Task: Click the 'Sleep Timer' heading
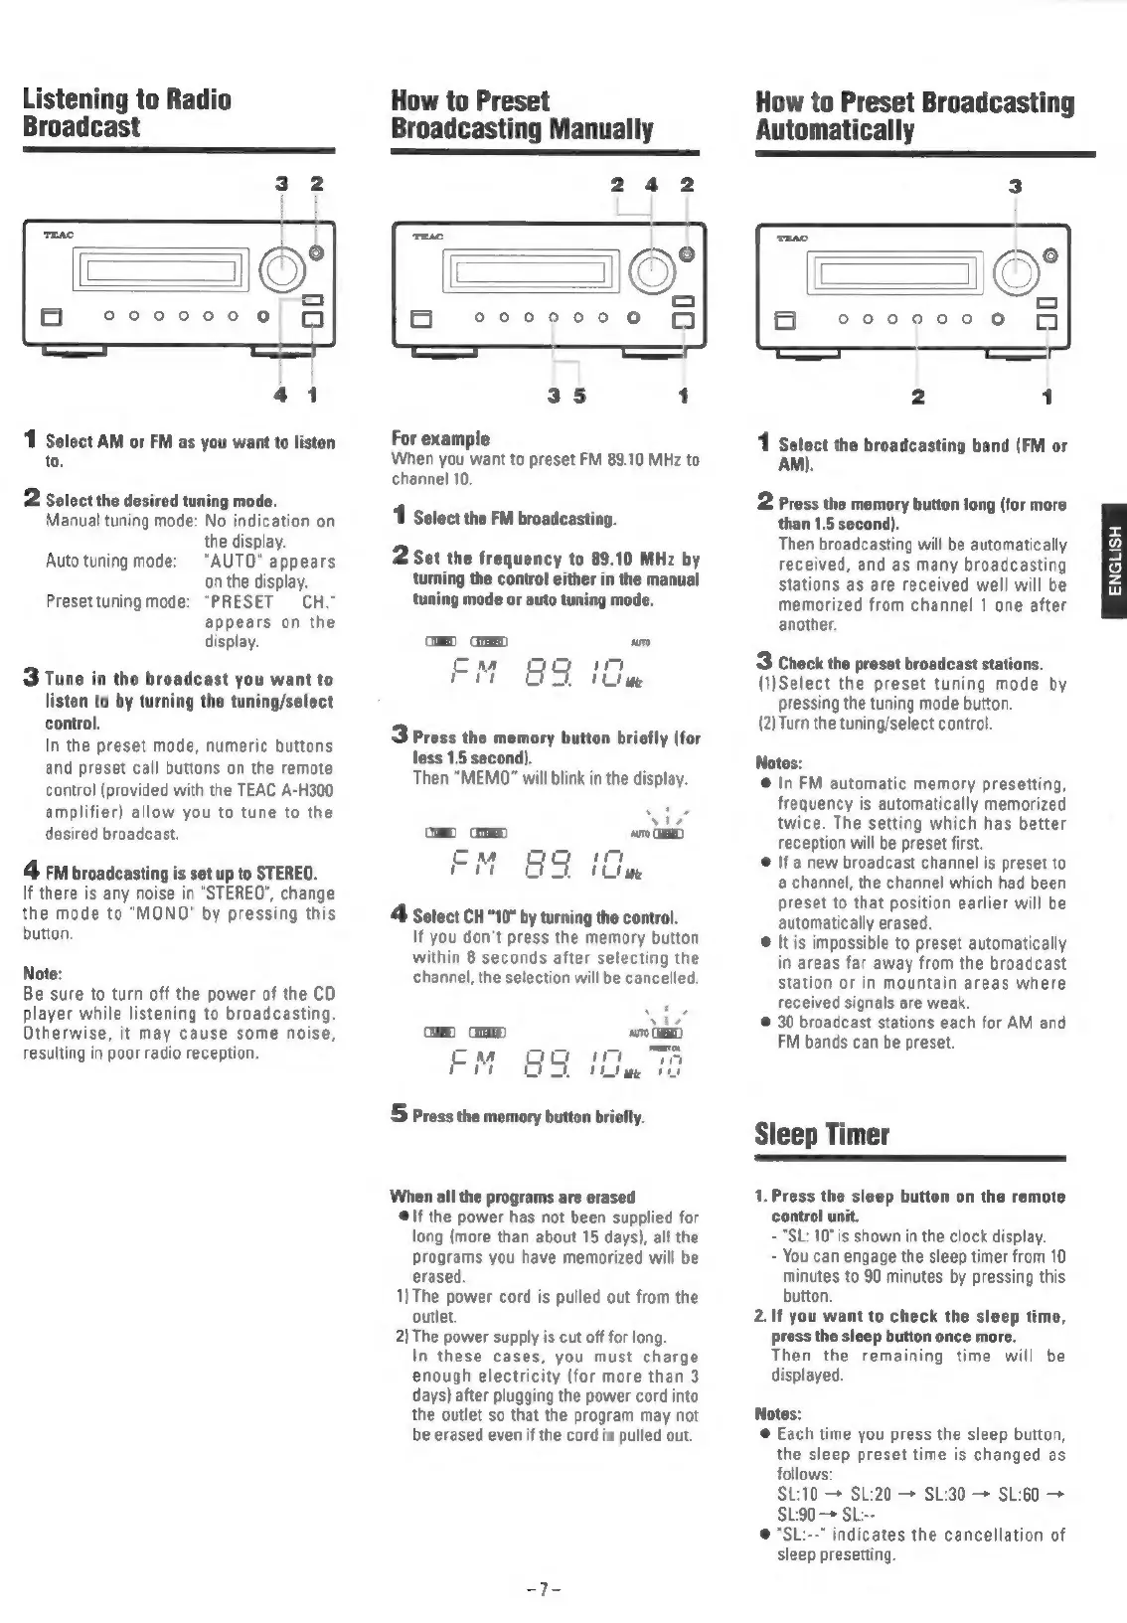point(822,1134)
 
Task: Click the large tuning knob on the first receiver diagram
point(282,267)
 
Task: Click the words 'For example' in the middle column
point(440,438)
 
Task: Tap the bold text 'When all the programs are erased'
point(513,1196)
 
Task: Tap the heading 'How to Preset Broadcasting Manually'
point(522,114)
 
